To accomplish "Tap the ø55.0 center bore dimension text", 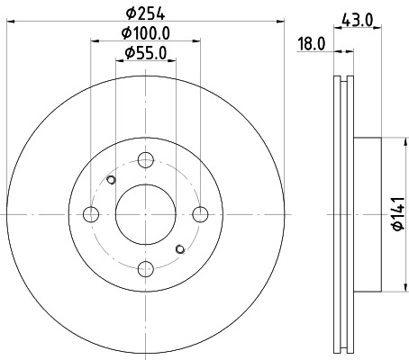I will pos(146,55).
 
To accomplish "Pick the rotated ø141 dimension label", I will pos(397,213).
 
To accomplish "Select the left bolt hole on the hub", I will pos(91,214).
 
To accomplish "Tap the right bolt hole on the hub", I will pos(201,214).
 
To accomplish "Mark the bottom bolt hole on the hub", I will pos(146,268).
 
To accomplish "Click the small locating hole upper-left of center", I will pos(111,180).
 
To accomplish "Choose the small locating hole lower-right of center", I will pos(181,248).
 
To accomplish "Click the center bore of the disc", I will pos(146,214).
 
